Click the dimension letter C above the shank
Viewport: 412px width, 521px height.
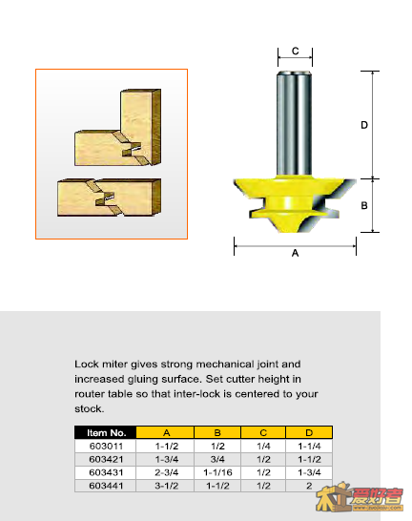[295, 51]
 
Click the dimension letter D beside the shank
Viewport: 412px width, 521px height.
[364, 125]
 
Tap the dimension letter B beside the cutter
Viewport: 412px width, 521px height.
[364, 206]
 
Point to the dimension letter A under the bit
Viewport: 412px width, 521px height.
[295, 253]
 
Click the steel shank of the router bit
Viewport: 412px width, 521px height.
[295, 123]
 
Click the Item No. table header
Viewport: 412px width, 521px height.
[106, 432]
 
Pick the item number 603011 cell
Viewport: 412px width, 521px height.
[106, 446]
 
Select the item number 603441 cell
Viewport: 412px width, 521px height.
[106, 486]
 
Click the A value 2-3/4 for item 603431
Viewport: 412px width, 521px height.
[166, 472]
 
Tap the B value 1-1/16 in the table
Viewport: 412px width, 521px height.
[217, 472]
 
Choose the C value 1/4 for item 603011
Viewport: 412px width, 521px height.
[263, 446]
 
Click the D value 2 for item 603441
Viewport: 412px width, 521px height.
[309, 486]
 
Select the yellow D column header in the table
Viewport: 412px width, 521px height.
[309, 432]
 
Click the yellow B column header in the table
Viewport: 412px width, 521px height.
[217, 432]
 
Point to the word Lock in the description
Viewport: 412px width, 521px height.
[87, 365]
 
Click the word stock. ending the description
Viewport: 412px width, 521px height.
[90, 408]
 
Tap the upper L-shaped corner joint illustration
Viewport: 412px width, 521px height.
[118, 127]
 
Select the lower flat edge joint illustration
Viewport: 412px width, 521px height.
[110, 198]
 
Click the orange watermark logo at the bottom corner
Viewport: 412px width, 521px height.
[360, 497]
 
